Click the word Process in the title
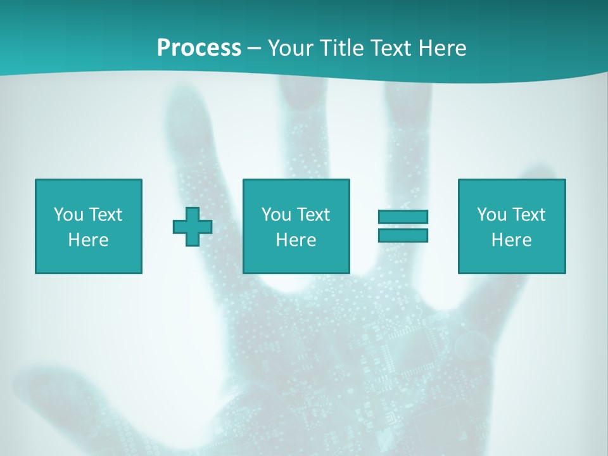pyautogui.click(x=199, y=48)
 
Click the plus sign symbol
pyautogui.click(x=193, y=227)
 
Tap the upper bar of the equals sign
pyautogui.click(x=403, y=217)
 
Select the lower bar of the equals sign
pyautogui.click(x=403, y=235)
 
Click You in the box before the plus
pyautogui.click(x=68, y=215)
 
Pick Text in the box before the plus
pyautogui.click(x=105, y=215)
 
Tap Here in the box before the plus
pyautogui.click(x=88, y=240)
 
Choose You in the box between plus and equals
pyautogui.click(x=276, y=215)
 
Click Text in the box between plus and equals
pyautogui.click(x=313, y=215)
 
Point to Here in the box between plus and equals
pyautogui.click(x=296, y=240)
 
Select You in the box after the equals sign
pyautogui.click(x=491, y=215)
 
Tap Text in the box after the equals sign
pyautogui.click(x=528, y=215)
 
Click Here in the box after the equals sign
pyautogui.click(x=511, y=240)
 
